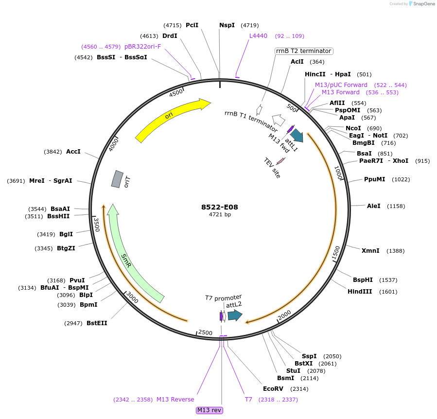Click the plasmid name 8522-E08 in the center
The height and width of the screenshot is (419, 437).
220,207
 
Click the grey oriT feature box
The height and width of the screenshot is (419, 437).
117,179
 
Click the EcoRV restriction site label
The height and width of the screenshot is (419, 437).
273,389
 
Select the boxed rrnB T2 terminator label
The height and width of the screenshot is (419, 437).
303,51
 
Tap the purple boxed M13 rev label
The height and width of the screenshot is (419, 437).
209,410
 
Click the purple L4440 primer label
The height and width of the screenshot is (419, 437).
258,36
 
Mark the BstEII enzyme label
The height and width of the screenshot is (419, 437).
97,323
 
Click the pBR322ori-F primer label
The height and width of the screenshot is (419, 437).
142,47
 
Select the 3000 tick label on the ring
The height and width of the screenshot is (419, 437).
132,298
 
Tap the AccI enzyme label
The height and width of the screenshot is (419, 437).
73,152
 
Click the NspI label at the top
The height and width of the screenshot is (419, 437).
227,25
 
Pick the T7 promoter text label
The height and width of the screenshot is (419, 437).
223,297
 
